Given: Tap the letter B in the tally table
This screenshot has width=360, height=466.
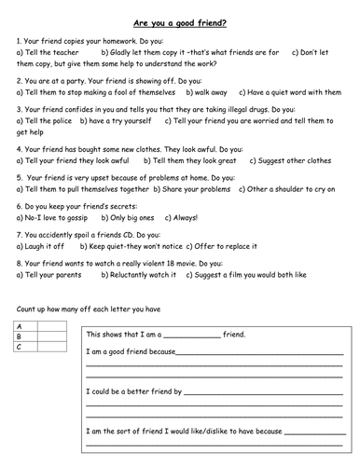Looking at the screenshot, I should click(21, 336).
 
